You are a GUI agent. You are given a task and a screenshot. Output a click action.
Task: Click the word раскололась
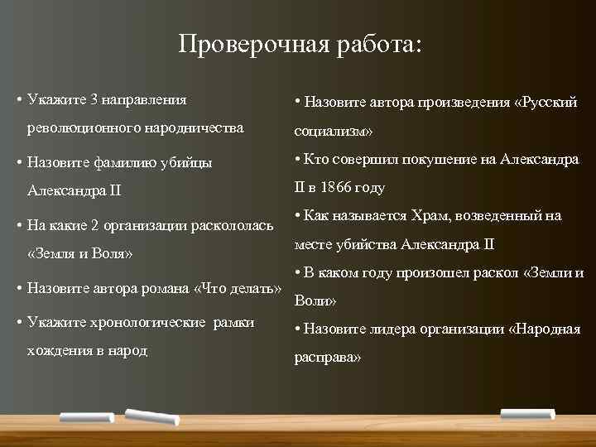(x=234, y=225)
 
